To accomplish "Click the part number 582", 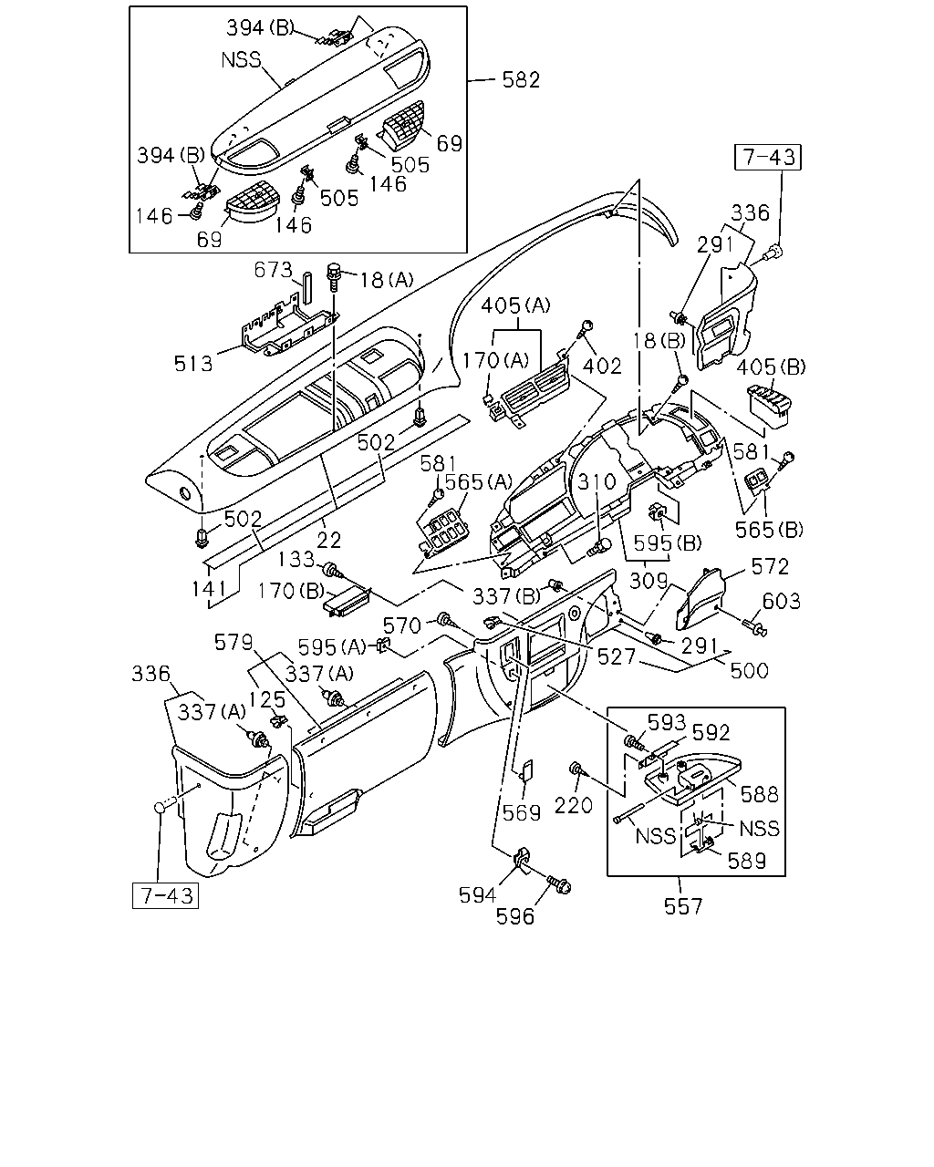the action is (521, 79).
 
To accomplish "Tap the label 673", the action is (274, 270).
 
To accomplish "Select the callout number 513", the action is (193, 364).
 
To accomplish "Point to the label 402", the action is (602, 366).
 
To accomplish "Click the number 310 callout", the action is (597, 481).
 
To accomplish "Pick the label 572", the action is (770, 567).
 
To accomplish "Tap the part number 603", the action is (781, 601).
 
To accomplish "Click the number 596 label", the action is (515, 916).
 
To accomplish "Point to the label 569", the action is (522, 813).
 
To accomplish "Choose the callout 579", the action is (233, 643).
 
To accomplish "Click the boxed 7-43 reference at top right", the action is (767, 157).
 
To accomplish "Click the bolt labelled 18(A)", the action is (334, 276).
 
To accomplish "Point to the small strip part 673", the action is (307, 287).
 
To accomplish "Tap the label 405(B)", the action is (771, 367).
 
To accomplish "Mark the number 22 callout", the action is (328, 540).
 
